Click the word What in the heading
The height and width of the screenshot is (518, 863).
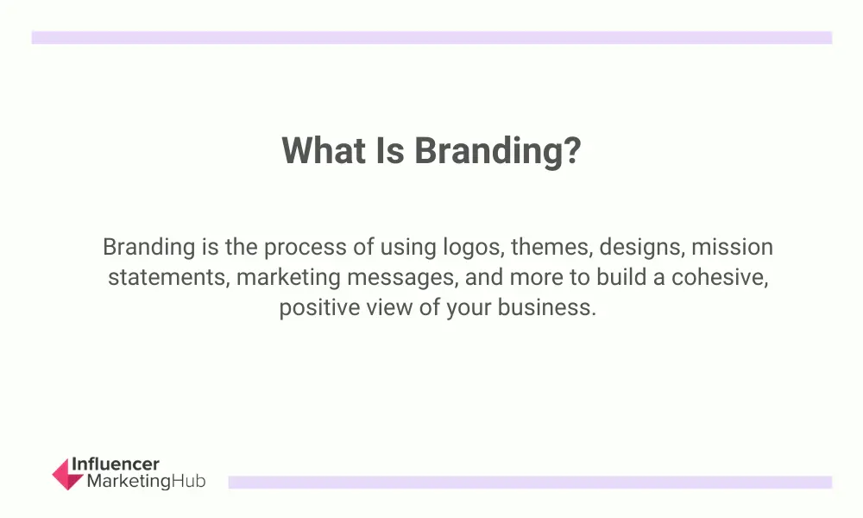click(x=324, y=149)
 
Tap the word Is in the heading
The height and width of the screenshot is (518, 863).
click(x=390, y=149)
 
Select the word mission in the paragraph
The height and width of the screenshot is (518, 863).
click(x=732, y=247)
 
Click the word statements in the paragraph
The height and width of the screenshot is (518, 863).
click(x=169, y=277)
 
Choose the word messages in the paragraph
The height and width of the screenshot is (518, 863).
click(x=403, y=278)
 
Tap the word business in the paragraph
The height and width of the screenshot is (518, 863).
click(x=546, y=307)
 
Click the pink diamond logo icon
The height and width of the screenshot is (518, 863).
click(x=67, y=474)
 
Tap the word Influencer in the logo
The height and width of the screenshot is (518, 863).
click(x=116, y=464)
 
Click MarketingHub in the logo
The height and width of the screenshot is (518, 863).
click(x=147, y=481)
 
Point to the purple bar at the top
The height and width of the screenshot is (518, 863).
click(x=431, y=37)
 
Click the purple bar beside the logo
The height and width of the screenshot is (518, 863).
click(x=530, y=483)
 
